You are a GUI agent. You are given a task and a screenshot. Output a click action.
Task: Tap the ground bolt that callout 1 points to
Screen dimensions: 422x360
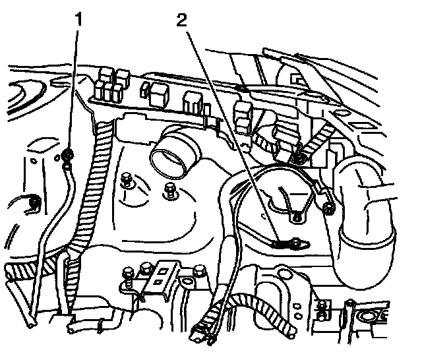(68, 156)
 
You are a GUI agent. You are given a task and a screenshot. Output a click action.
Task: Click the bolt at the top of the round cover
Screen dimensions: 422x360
(298, 157)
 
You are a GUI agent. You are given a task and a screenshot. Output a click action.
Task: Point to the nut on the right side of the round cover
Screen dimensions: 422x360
(328, 210)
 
